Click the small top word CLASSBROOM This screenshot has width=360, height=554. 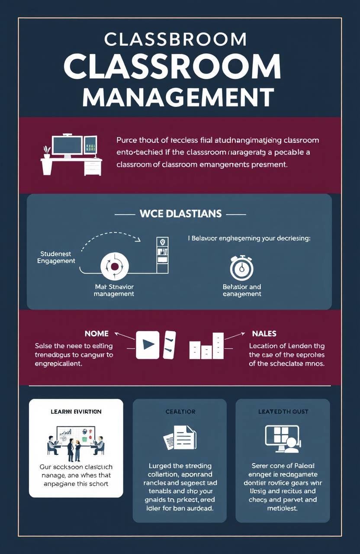point(175,40)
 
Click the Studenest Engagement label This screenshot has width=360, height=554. point(56,257)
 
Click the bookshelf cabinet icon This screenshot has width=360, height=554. point(162,255)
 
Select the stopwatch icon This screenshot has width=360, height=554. point(241,269)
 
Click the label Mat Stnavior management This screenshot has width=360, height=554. point(114,290)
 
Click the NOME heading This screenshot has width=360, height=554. point(97,334)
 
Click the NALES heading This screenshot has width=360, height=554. point(264,334)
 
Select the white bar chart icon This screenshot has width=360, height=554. point(207,346)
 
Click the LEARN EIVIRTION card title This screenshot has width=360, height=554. point(76,412)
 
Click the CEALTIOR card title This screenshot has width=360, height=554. point(180,412)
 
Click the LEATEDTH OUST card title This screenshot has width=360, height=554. point(283,412)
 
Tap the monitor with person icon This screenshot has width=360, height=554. point(282,438)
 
